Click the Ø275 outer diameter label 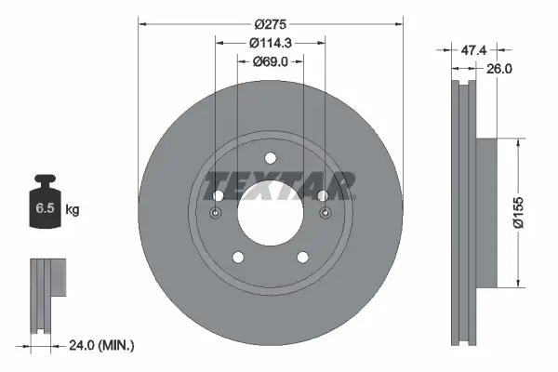(271, 24)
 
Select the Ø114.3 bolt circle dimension (271, 44)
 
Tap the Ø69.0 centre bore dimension (271, 62)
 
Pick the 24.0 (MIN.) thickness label (103, 345)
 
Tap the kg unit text (72, 210)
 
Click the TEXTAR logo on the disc (280, 186)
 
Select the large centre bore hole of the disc (271, 213)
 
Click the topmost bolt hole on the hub (271, 157)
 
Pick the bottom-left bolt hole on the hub (238, 258)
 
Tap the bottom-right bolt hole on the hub (303, 258)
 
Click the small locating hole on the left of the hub (216, 214)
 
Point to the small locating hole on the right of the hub (325, 214)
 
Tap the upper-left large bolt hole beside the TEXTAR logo (219, 196)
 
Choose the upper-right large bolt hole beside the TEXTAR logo (323, 196)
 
